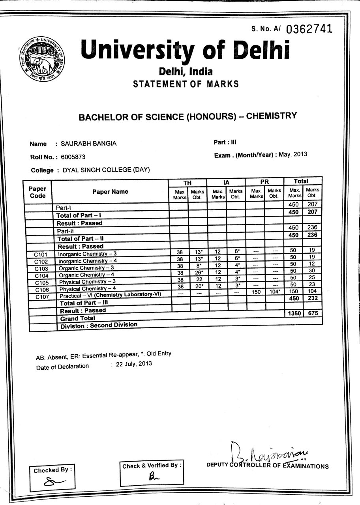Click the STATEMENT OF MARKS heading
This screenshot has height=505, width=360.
click(186, 84)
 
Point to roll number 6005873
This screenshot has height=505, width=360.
click(73, 157)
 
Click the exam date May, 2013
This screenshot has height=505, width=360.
click(293, 154)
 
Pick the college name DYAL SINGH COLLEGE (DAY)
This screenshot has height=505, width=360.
click(103, 170)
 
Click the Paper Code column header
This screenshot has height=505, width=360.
click(37, 193)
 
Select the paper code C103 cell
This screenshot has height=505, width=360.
click(41, 269)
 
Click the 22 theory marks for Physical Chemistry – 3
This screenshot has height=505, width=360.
click(199, 279)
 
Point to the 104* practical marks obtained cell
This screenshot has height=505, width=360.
click(276, 291)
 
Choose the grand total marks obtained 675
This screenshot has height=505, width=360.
click(313, 313)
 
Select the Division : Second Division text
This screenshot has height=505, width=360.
click(99, 325)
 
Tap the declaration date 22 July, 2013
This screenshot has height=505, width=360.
click(134, 364)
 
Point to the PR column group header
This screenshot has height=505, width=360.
click(264, 182)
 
